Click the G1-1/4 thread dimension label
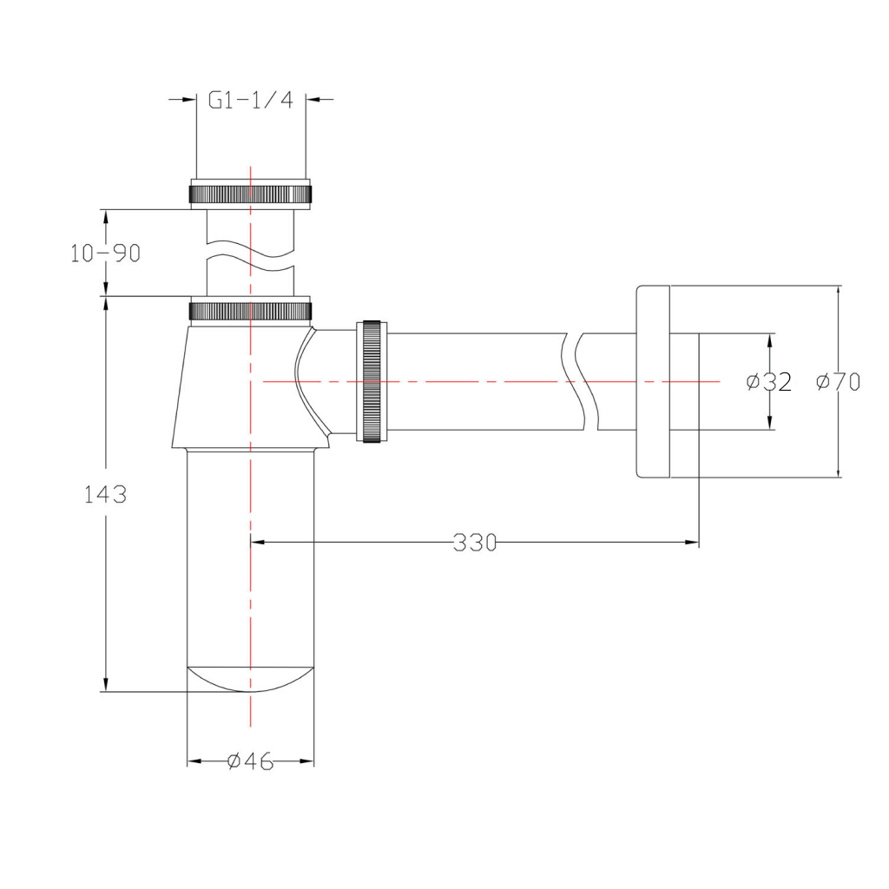[251, 101]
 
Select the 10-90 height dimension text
[105, 254]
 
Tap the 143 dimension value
[105, 494]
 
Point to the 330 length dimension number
[475, 543]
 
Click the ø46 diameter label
[250, 761]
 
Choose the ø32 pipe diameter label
[769, 382]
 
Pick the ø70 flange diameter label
[838, 382]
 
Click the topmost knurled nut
[250, 194]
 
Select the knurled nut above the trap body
[250, 311]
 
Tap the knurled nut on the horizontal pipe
[372, 382]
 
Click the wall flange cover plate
[653, 382]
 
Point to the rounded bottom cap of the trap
[250, 679]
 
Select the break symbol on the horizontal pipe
[581, 382]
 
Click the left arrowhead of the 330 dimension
[257, 543]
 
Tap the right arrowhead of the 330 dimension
[692, 543]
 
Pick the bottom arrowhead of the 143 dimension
[105, 684]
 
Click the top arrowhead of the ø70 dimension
[838, 293]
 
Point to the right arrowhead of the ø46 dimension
[307, 761]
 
